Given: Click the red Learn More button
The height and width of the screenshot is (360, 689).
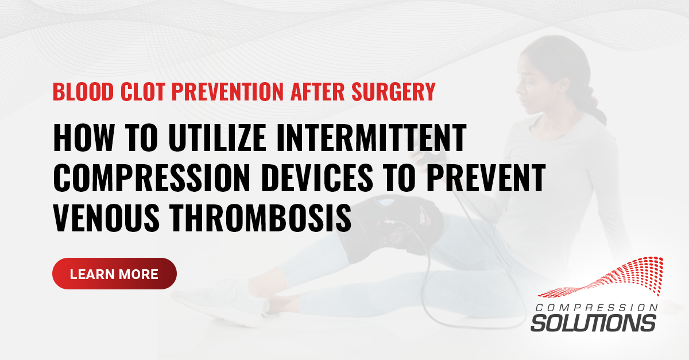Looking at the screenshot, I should click(x=114, y=274).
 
